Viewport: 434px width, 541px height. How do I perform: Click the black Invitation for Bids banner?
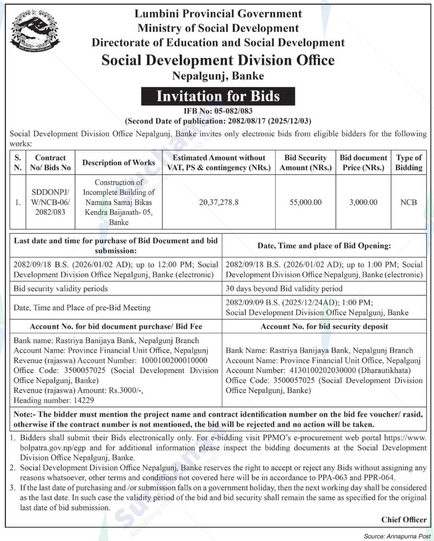(x=218, y=96)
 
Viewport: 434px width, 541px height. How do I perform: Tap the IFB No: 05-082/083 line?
(x=218, y=111)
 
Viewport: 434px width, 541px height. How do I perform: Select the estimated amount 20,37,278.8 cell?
(x=219, y=202)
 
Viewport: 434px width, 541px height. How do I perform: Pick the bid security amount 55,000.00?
(x=305, y=202)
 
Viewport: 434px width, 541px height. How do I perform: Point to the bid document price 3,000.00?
(x=363, y=202)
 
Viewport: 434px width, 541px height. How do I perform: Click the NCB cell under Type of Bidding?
(x=409, y=202)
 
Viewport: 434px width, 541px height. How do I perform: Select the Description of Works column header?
(x=118, y=163)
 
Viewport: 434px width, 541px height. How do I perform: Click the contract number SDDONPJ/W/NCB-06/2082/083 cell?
(x=50, y=202)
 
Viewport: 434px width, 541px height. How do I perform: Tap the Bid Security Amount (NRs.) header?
(x=305, y=163)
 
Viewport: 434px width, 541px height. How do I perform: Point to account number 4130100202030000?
(x=322, y=370)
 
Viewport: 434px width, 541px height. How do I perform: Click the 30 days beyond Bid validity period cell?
(x=284, y=289)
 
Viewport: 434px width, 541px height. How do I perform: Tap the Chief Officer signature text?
(x=403, y=520)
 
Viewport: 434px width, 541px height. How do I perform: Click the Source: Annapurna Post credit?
(x=397, y=536)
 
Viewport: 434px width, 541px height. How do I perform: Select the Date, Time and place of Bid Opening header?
(x=324, y=246)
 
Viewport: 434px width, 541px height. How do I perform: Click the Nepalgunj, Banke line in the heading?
(x=218, y=76)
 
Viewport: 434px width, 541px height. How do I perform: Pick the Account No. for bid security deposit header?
(x=324, y=326)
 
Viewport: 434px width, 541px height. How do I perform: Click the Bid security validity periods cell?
(x=61, y=289)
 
